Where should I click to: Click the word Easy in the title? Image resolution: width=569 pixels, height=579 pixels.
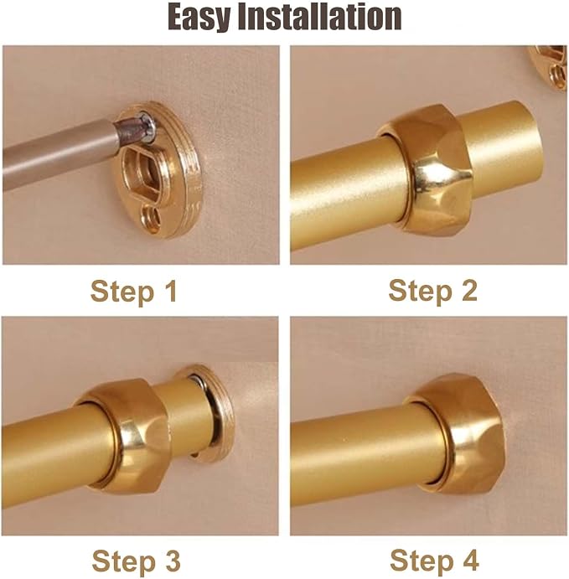(x=199, y=17)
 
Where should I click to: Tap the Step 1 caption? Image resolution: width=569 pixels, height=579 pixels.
(x=134, y=292)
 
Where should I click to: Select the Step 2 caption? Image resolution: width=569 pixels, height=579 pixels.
(x=432, y=291)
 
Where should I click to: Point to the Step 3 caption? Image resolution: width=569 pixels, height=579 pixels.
(x=136, y=561)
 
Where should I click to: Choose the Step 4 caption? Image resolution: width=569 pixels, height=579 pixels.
(x=434, y=561)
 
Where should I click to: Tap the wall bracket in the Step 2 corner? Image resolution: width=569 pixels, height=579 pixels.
(x=548, y=67)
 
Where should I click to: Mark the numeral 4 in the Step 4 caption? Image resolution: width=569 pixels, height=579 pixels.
(x=469, y=561)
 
